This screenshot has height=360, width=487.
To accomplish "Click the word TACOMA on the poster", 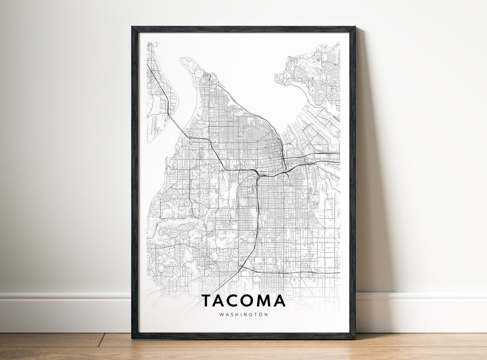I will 243,300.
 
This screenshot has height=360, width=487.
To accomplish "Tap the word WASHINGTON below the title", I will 243,314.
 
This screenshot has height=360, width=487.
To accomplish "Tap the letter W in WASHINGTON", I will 221,314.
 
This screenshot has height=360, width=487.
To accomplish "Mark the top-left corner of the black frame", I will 132,28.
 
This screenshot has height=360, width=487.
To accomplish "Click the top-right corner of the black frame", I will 354,28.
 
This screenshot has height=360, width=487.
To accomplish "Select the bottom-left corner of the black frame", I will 133,338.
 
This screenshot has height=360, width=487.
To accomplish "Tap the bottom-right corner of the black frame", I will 354,338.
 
